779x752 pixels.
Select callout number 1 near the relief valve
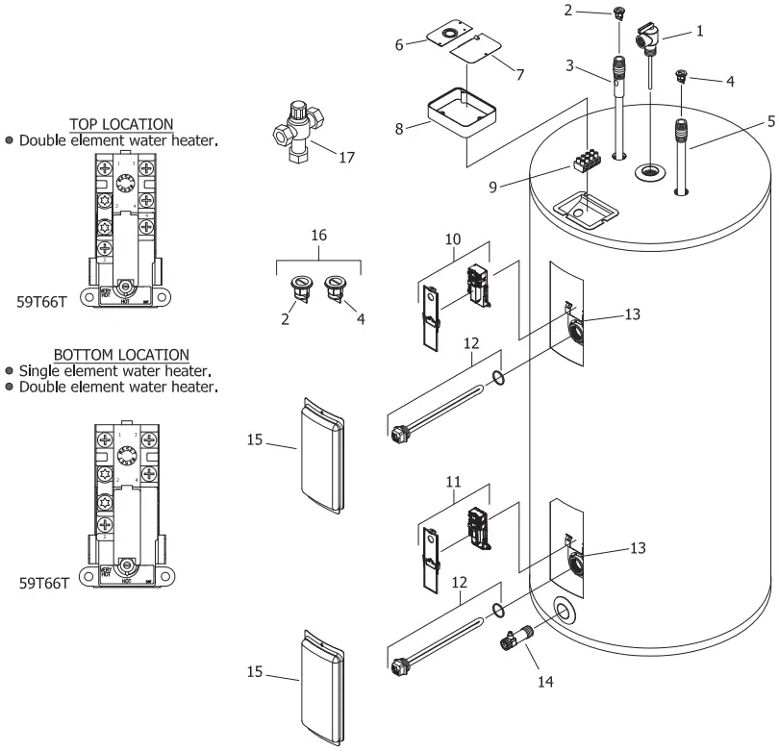699,31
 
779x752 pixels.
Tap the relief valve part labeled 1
650,44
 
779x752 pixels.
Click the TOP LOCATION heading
121,124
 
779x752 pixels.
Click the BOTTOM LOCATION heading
121,355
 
